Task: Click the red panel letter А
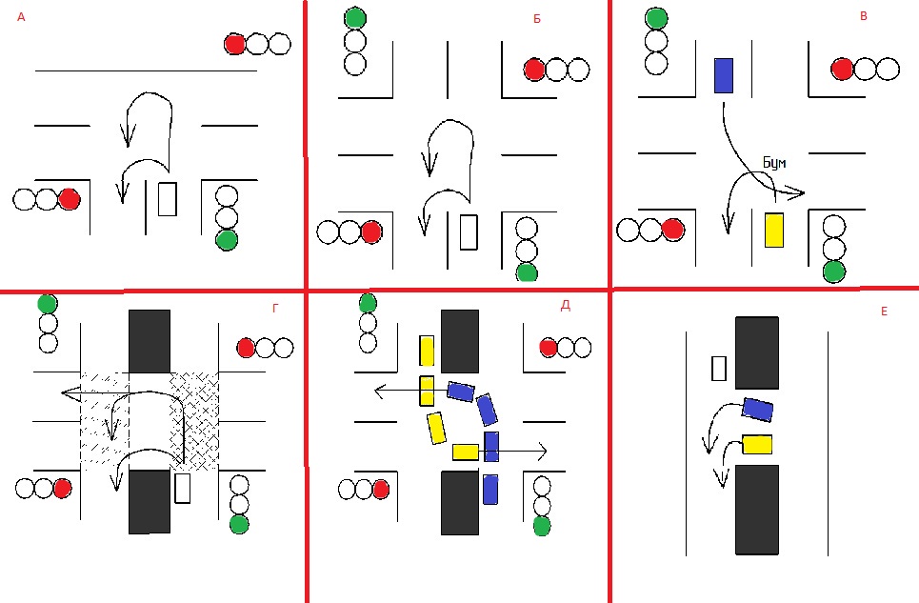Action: [21, 17]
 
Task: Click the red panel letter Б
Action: [537, 19]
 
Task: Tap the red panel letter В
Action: [864, 16]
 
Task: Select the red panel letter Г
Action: [275, 309]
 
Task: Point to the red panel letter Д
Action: [566, 305]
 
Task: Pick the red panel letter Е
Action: [885, 312]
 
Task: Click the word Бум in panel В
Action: [774, 162]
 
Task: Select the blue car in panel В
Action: [724, 75]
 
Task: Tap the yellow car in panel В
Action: [774, 231]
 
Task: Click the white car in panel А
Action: [168, 199]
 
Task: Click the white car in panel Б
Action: [469, 232]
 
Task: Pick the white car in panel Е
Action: [719, 368]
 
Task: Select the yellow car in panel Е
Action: [757, 444]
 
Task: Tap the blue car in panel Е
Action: [757, 409]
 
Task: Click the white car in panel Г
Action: [183, 488]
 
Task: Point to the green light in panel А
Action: [227, 240]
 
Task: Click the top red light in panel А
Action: [235, 44]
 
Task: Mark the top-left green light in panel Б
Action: [355, 18]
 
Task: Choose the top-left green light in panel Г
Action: [48, 304]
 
